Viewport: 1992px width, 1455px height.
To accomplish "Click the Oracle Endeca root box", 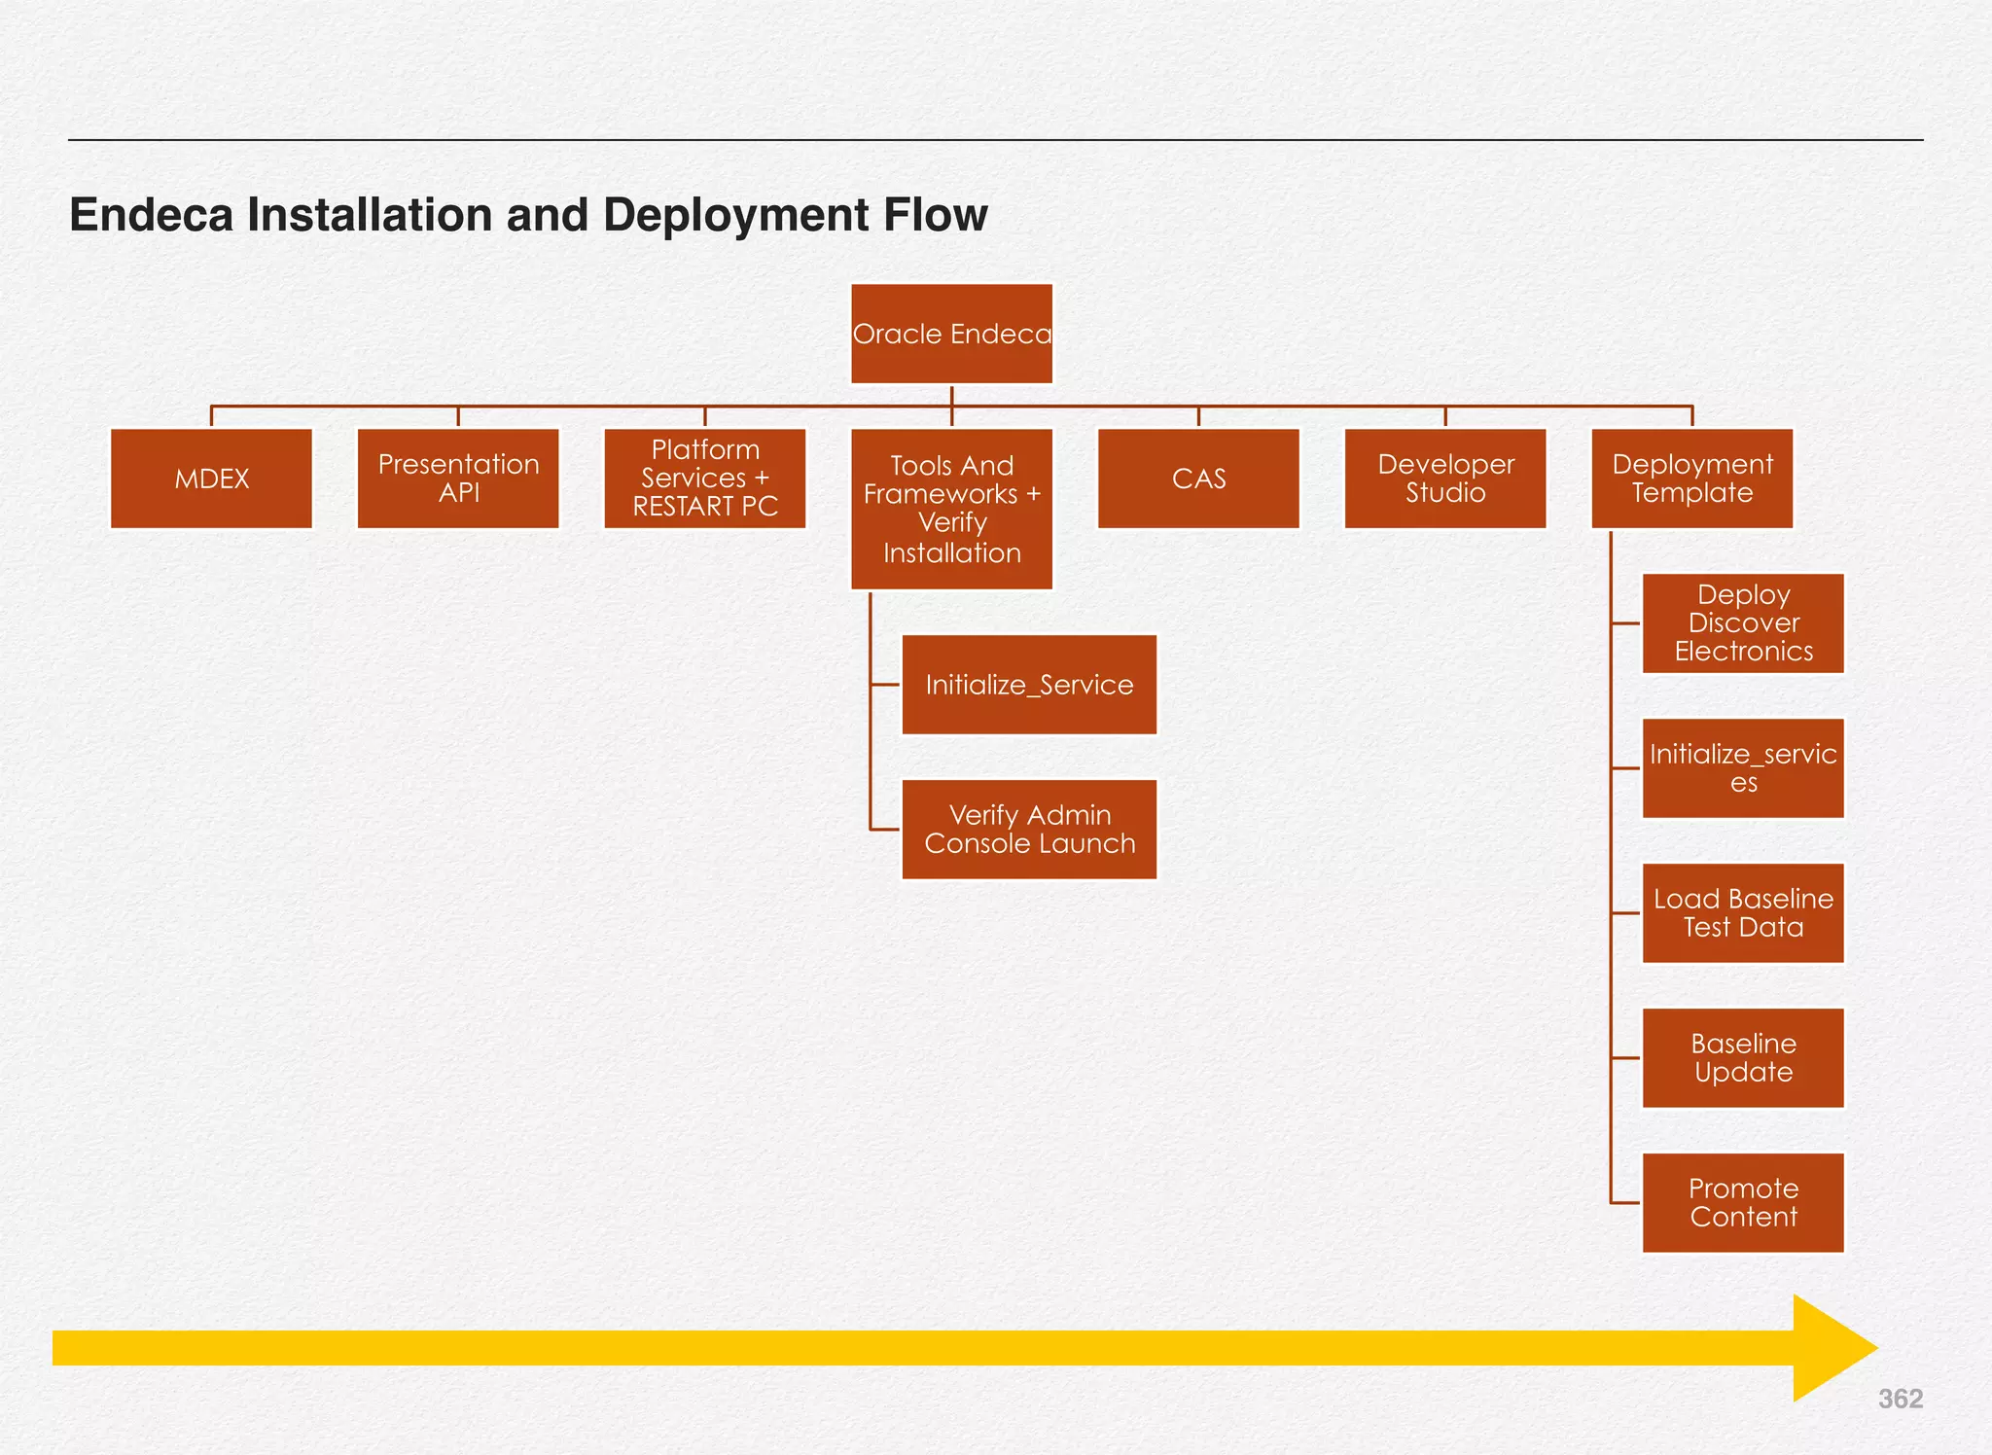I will point(951,334).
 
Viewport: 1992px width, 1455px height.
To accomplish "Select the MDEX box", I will point(211,479).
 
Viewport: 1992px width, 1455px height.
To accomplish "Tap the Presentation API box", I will point(458,479).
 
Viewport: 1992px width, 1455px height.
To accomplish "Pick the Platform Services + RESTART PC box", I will point(705,479).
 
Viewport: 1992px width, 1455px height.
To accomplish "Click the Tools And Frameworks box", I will point(951,509).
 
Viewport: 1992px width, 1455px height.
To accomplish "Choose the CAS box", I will point(1198,479).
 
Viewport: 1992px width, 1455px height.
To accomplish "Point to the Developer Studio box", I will point(1445,479).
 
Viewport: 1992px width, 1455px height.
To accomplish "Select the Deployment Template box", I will point(1692,479).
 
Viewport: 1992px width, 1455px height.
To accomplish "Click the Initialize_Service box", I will point(1029,685).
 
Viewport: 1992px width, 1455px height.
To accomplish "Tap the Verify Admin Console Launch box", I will point(1029,830).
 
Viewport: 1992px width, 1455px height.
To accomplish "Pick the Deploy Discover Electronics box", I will point(1743,623).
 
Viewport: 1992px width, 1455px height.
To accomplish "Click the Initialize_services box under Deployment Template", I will point(1743,768).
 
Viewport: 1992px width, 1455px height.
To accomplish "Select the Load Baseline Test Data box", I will point(1743,913).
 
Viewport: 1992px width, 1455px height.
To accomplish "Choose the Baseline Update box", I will point(1743,1058).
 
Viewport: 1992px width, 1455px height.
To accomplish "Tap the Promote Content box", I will point(1743,1203).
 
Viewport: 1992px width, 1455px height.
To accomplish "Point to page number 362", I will point(1900,1399).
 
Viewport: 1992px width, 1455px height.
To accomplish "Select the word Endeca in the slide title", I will point(151,215).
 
